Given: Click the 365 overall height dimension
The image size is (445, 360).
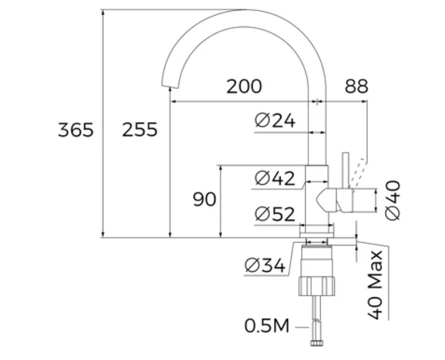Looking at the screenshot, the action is coord(76,130).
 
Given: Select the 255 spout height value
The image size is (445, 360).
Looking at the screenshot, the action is coord(140,130).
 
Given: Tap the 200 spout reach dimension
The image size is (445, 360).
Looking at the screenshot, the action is coord(244,86).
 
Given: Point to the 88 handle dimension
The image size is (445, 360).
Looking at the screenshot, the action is coord(357,86).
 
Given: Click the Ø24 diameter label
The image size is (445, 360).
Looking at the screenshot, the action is coord(275,121).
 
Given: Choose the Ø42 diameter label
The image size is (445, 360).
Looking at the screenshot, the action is coord(275,178).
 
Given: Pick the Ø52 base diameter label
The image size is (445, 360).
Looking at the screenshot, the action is coord(275,214).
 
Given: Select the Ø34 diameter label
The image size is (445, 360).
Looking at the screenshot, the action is coord(265,266).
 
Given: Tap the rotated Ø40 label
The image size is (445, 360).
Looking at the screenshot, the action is coord(393,200).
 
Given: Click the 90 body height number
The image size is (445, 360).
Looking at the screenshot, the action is coord(205,199).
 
